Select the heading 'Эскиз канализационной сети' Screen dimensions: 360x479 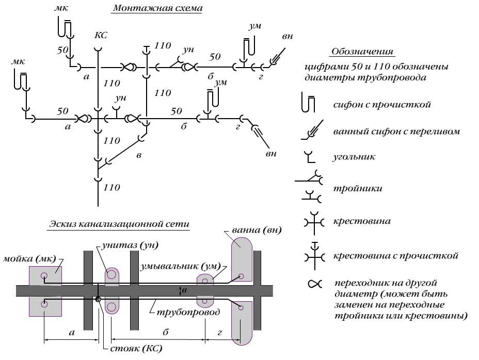click(x=119, y=224)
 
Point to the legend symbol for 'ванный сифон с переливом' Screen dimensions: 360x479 click(x=311, y=130)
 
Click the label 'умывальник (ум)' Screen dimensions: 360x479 click(x=180, y=267)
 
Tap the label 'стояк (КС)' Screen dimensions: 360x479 click(x=136, y=349)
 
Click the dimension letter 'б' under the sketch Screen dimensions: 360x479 click(x=166, y=333)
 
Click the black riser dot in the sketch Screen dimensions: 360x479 click(x=98, y=299)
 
